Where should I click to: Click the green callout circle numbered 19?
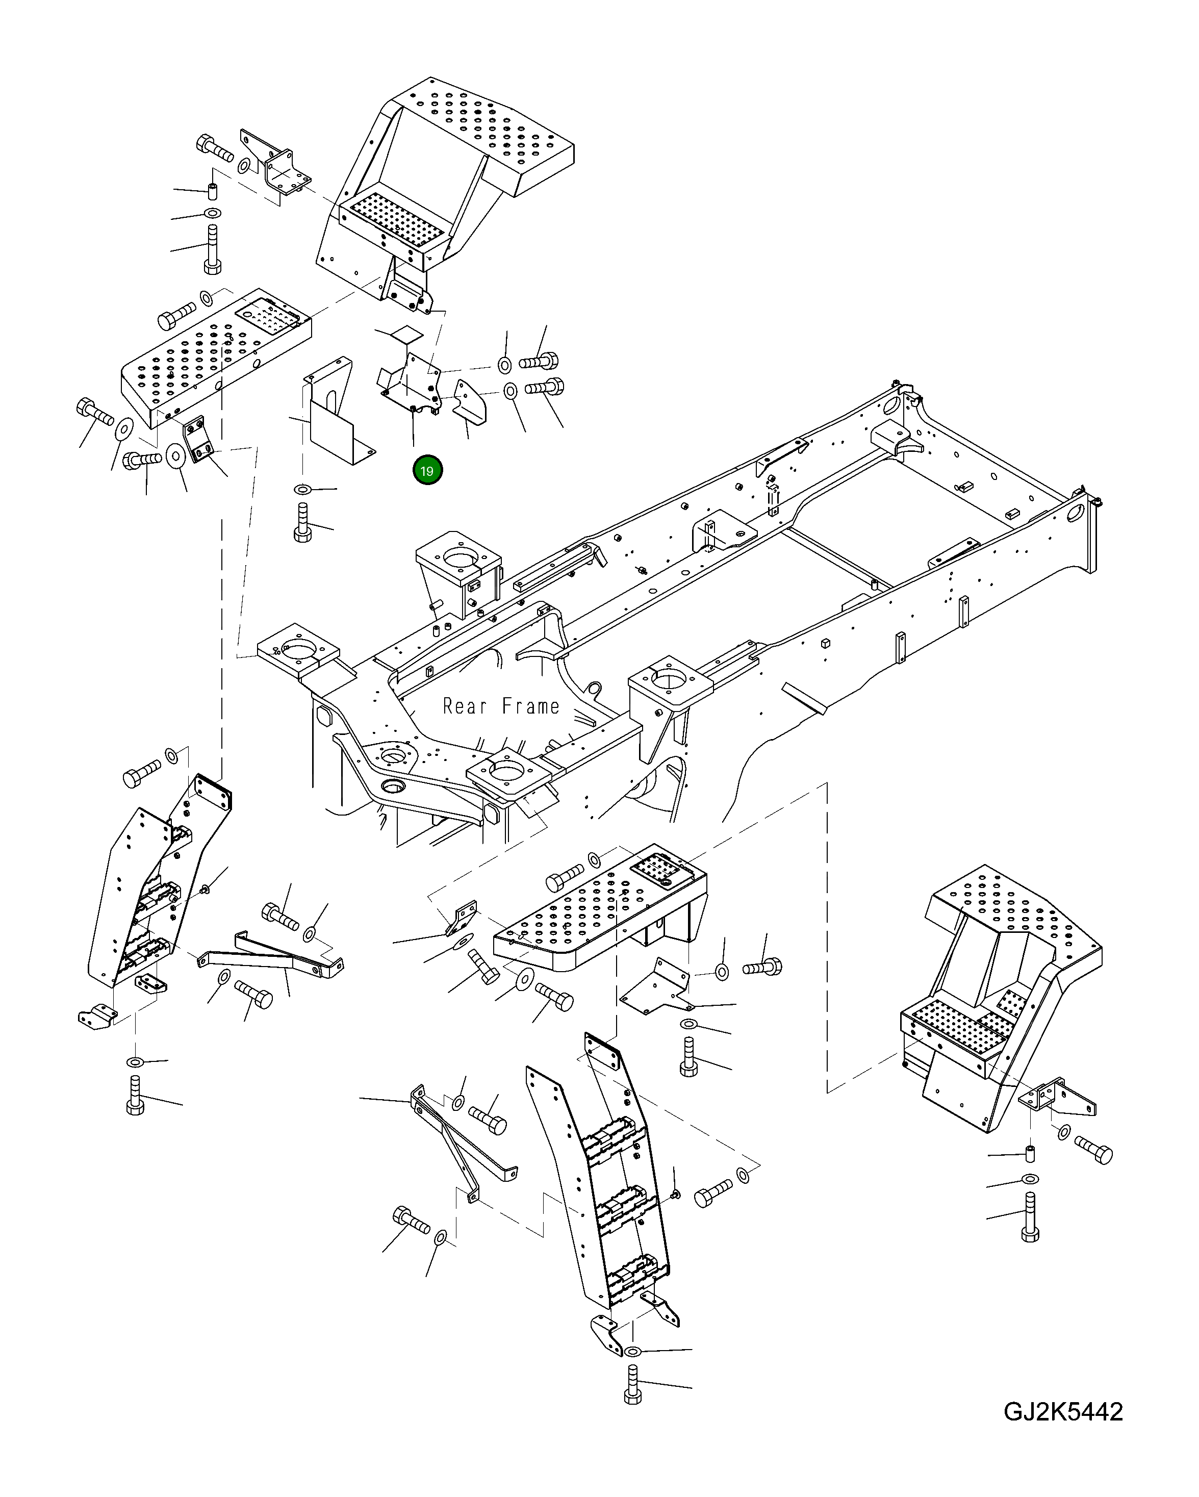tap(427, 471)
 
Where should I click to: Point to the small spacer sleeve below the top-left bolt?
tap(213, 190)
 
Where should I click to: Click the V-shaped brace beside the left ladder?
tap(271, 951)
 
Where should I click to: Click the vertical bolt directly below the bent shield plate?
tap(303, 523)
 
